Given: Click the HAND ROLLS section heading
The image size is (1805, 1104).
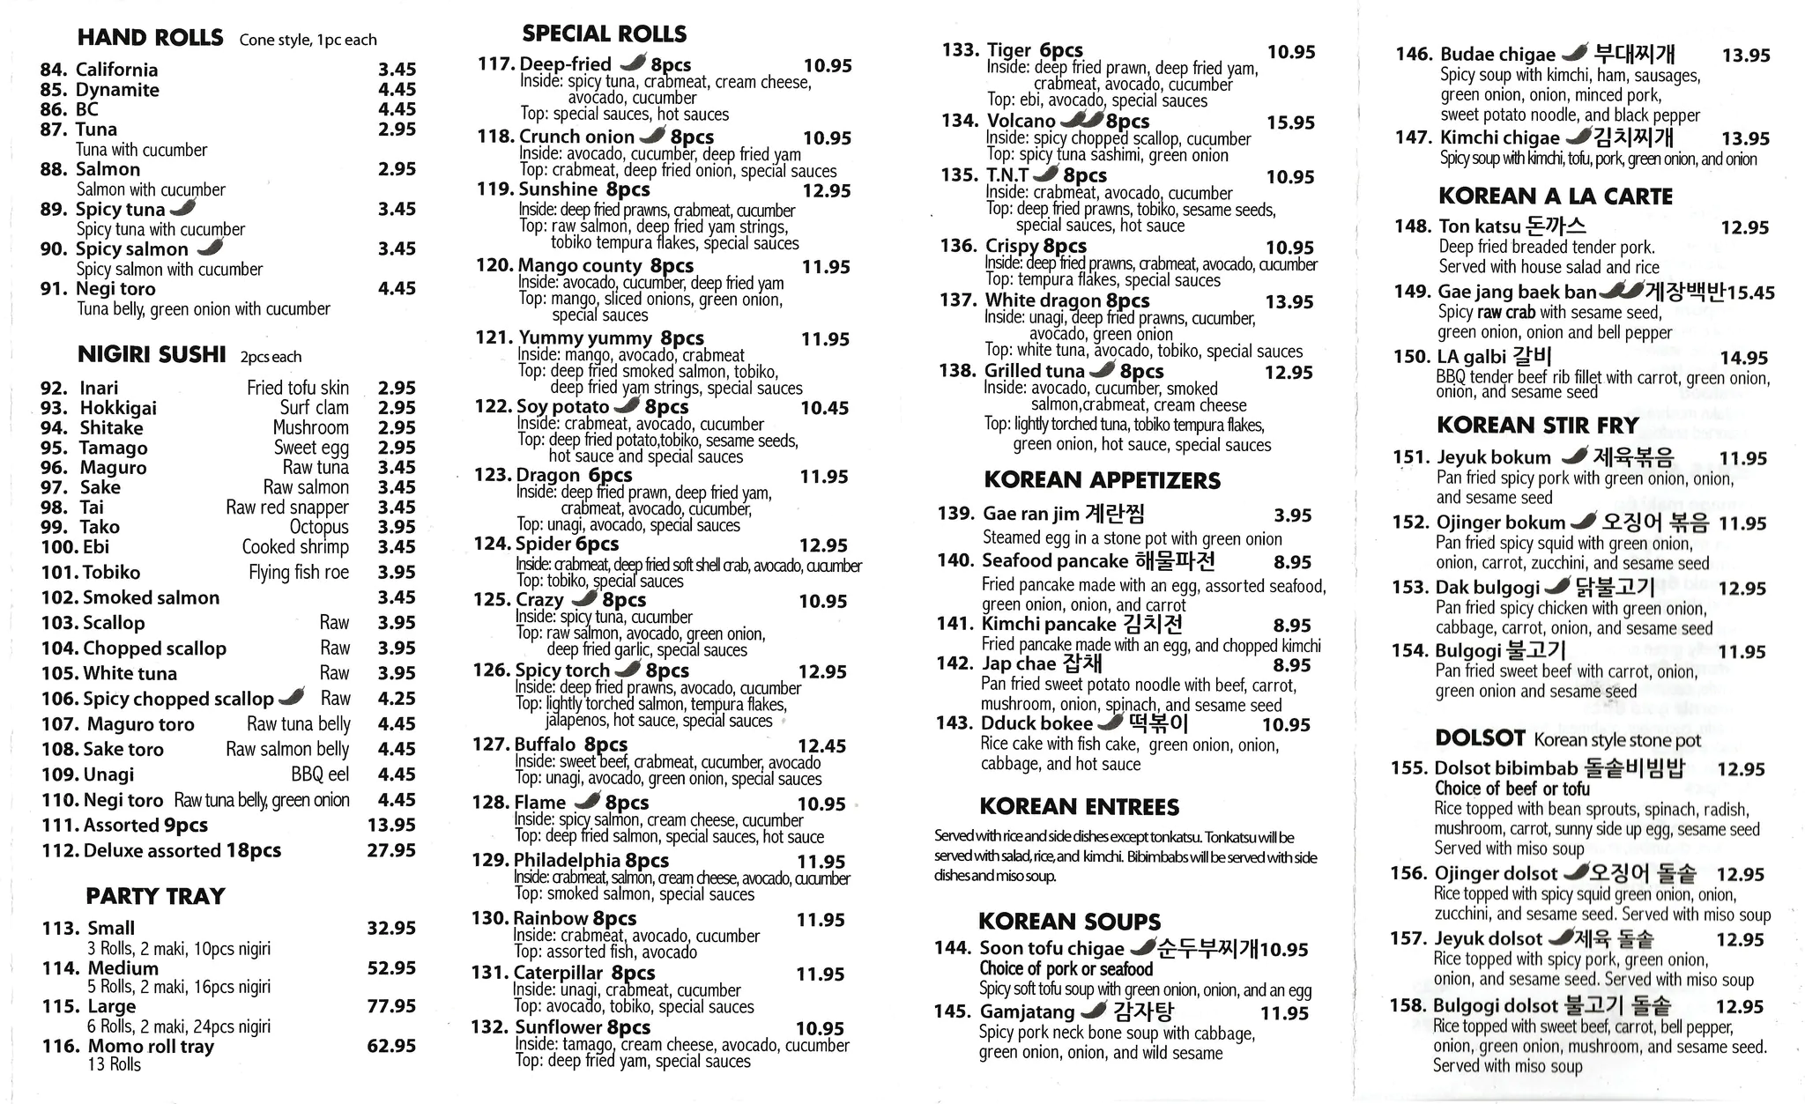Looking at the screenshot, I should coord(150,38).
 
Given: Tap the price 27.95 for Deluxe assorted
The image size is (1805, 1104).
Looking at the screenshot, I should coord(391,850).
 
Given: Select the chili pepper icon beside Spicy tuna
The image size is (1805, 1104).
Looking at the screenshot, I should coord(182,208).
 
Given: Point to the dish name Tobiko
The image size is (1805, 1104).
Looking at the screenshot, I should coord(111,573).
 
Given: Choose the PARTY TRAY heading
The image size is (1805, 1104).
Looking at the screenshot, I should coord(155,896).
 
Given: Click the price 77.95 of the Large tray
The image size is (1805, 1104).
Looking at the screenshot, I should coord(391,1006).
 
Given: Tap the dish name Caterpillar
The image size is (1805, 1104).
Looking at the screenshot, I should coord(558,973).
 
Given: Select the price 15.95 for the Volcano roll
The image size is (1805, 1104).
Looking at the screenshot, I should coord(1290,122).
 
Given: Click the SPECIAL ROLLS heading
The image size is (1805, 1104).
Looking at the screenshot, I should coord(604,34).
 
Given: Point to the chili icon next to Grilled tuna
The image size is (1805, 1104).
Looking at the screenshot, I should coord(1102,370).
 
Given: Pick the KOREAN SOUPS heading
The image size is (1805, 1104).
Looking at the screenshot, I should coord(1069,922).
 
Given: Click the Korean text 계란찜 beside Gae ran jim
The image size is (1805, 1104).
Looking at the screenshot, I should coord(1114,514).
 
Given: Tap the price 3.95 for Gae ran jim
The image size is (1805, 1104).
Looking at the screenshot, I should coord(1292,515).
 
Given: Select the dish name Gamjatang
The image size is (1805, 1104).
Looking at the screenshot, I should coord(1027,1011).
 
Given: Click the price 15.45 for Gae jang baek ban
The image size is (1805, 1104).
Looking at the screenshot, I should coord(1750,293).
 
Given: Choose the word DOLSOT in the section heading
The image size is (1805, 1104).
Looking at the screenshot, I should coord(1480,738).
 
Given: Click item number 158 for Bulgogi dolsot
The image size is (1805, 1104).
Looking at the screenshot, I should coord(1408,1006).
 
